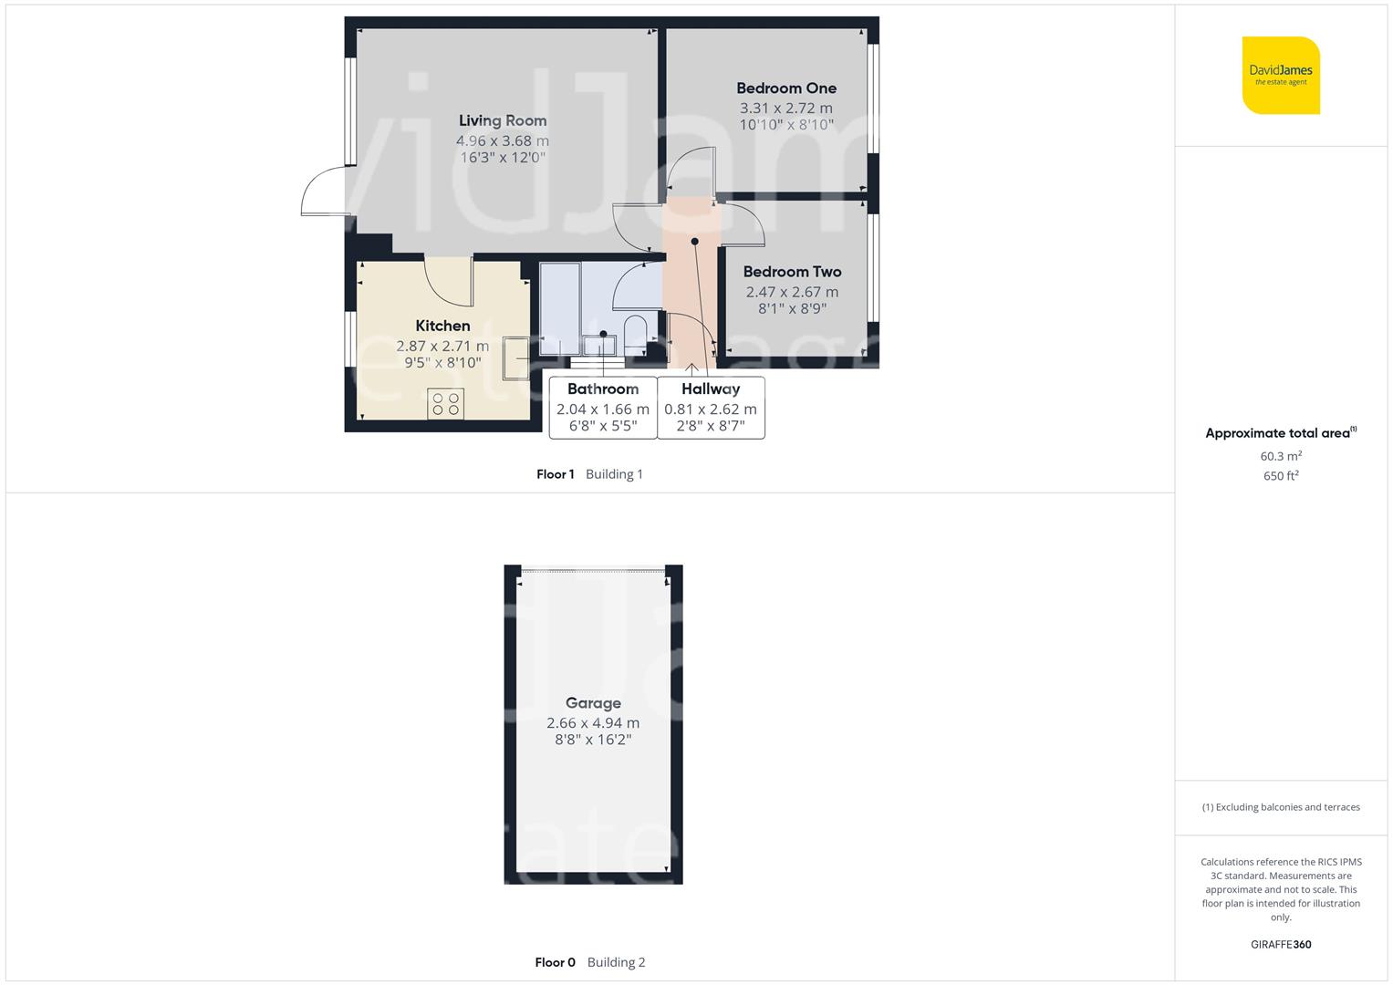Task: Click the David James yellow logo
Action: (x=1281, y=75)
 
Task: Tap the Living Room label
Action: (x=503, y=120)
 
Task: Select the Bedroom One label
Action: (x=786, y=88)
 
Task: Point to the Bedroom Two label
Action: (x=792, y=272)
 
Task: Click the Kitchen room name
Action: (x=443, y=326)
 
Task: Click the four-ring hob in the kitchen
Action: (x=445, y=404)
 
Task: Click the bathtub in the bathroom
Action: (x=559, y=308)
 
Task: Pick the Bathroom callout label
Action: (x=603, y=389)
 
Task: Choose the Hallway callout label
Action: (x=711, y=389)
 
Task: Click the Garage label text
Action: (x=593, y=703)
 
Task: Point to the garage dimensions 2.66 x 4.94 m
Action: (x=593, y=723)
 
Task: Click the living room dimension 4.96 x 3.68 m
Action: (x=503, y=141)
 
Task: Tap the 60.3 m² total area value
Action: (x=1281, y=456)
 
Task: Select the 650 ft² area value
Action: (x=1281, y=476)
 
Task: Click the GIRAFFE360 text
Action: (x=1281, y=945)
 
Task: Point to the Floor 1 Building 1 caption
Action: (x=589, y=474)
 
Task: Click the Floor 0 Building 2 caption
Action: (x=589, y=962)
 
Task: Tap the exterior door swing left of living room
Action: (x=321, y=194)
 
